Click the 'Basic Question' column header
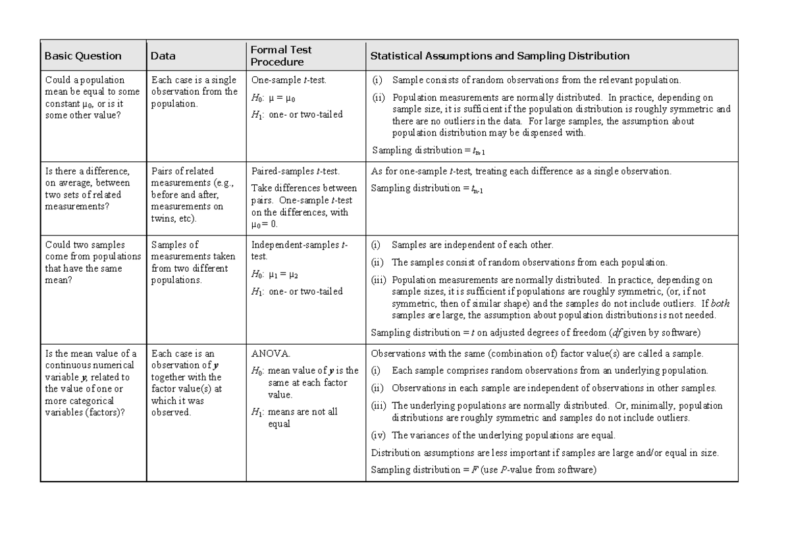point(83,56)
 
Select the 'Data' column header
point(163,56)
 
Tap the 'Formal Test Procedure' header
point(281,56)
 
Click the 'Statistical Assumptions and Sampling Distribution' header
point(500,56)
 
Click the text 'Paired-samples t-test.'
point(296,171)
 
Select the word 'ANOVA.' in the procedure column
point(270,353)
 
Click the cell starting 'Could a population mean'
point(92,97)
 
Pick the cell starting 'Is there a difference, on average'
point(88,188)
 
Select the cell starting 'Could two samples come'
point(93,262)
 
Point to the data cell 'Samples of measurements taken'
point(190,262)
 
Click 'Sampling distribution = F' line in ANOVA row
point(483,470)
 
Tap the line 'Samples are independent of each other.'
point(472,245)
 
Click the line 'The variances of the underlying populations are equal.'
point(503,436)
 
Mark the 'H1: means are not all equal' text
point(295,417)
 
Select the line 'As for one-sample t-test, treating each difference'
point(521,171)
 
